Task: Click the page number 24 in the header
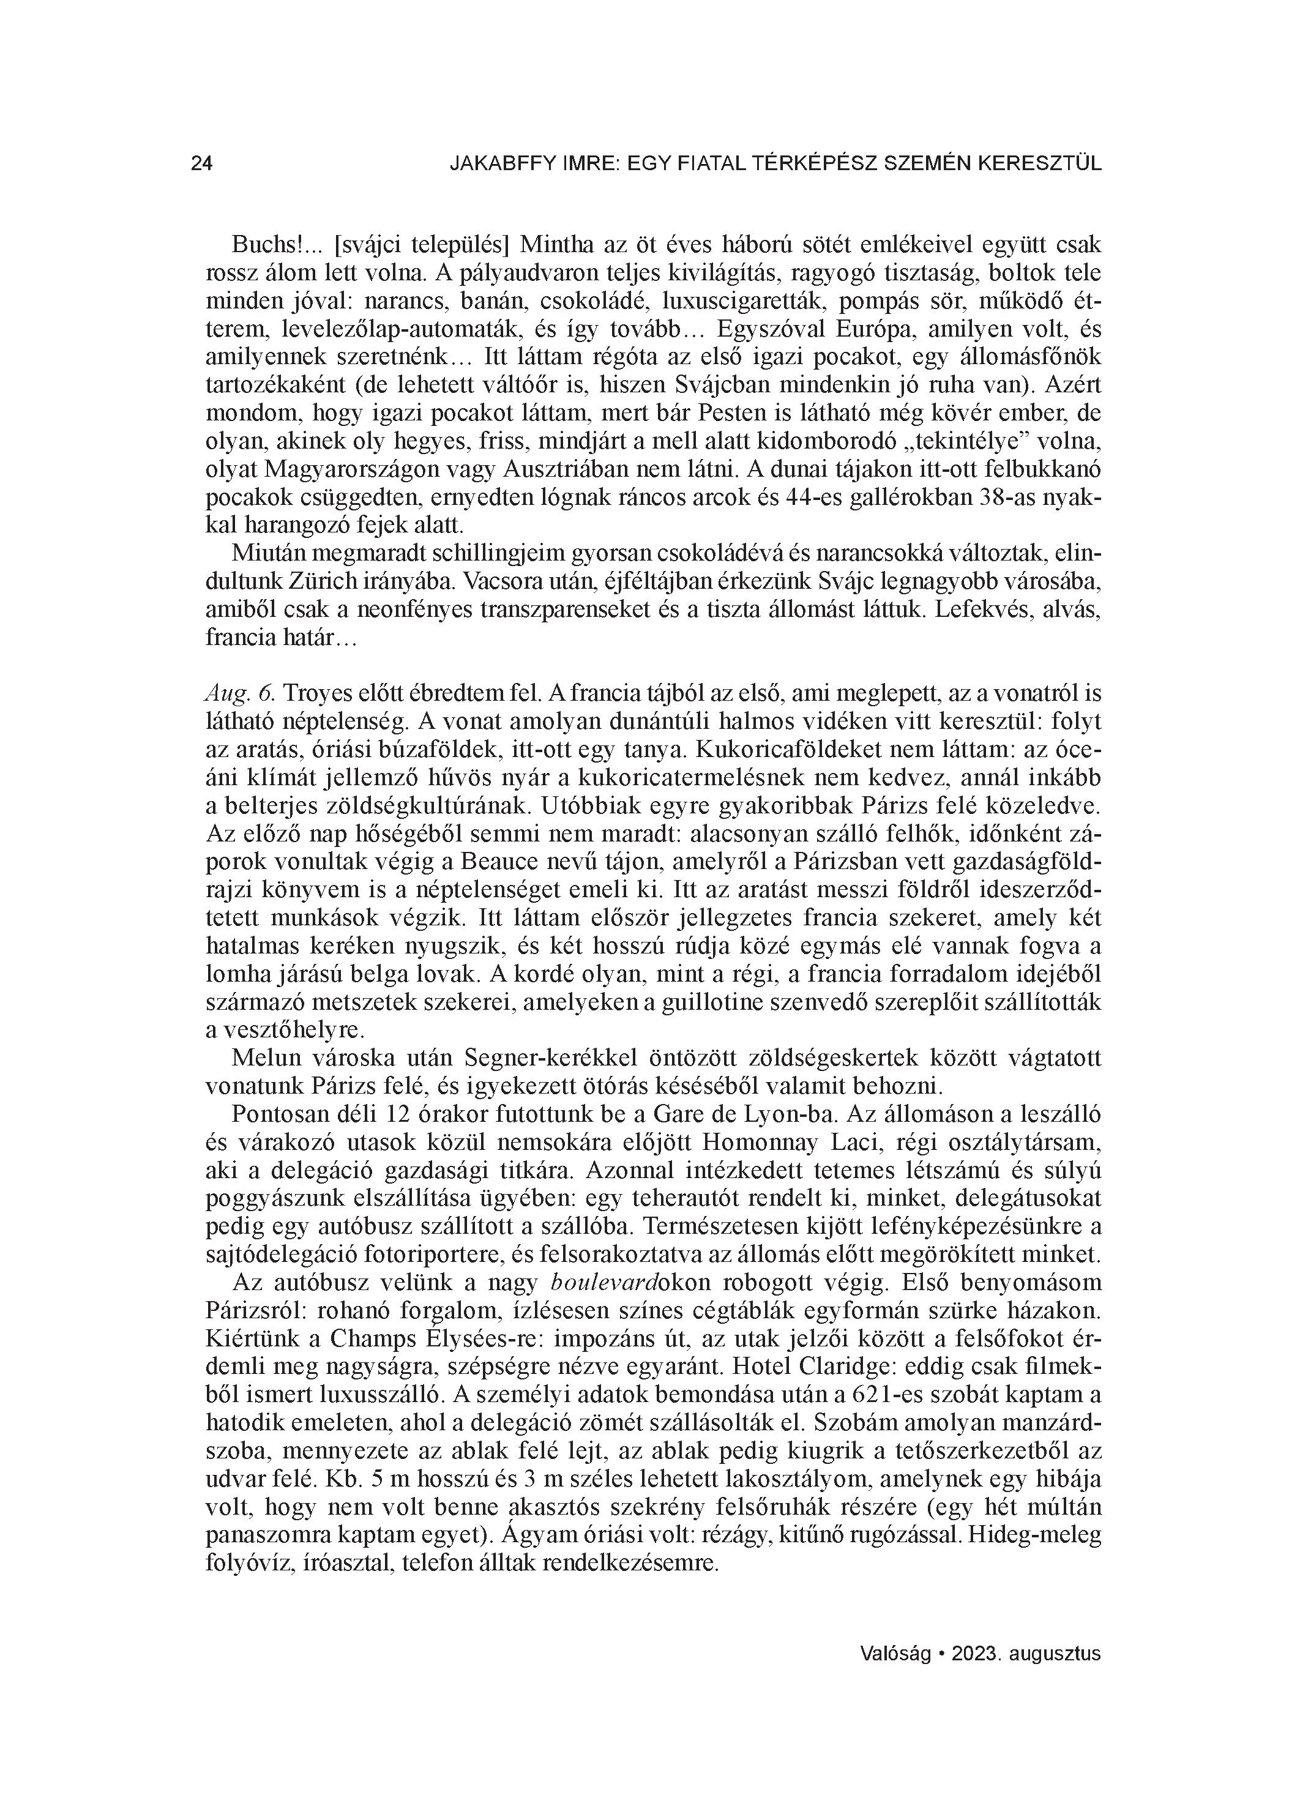[x=201, y=163]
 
